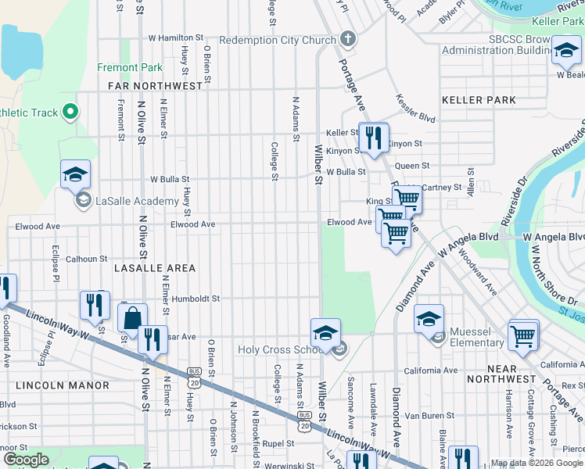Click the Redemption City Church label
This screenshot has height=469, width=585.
coord(277,39)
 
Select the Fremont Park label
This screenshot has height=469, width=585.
coord(130,68)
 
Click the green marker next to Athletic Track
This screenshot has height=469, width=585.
coord(70,113)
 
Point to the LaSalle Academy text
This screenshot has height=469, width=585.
coord(137,201)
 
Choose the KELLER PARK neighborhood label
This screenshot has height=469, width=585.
coord(479,100)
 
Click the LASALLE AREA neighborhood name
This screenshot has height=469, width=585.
coord(155,267)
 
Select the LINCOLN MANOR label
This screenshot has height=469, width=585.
coord(55,385)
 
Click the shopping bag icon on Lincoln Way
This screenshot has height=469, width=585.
coord(132,317)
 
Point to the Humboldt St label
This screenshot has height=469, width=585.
coord(196,298)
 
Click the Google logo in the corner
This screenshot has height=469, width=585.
coord(26,460)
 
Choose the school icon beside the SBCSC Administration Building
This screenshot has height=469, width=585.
coord(565,52)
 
